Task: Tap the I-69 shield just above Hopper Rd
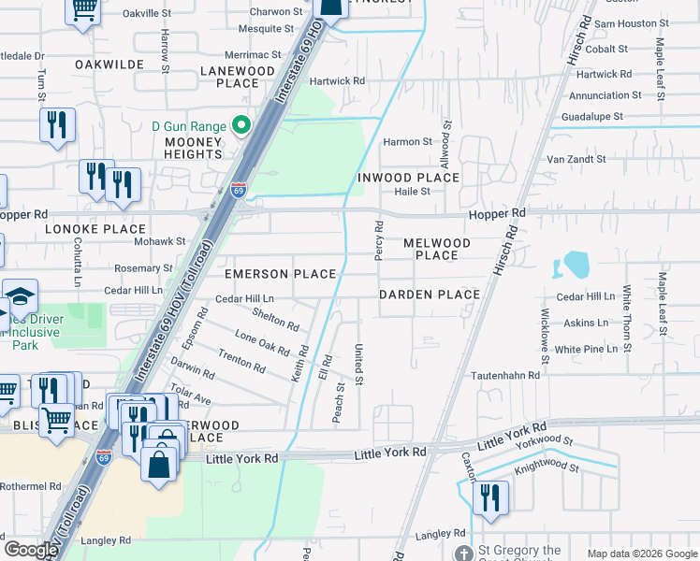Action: pos(240,190)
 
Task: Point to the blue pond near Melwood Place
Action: pos(574,266)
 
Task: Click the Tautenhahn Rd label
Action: pos(505,375)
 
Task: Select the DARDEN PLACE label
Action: pos(429,295)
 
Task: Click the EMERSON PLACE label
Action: pos(280,274)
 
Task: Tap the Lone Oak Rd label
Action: pos(262,342)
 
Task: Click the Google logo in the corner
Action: pos(31,550)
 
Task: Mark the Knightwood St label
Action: pos(548,463)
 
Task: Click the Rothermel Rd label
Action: pos(30,486)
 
